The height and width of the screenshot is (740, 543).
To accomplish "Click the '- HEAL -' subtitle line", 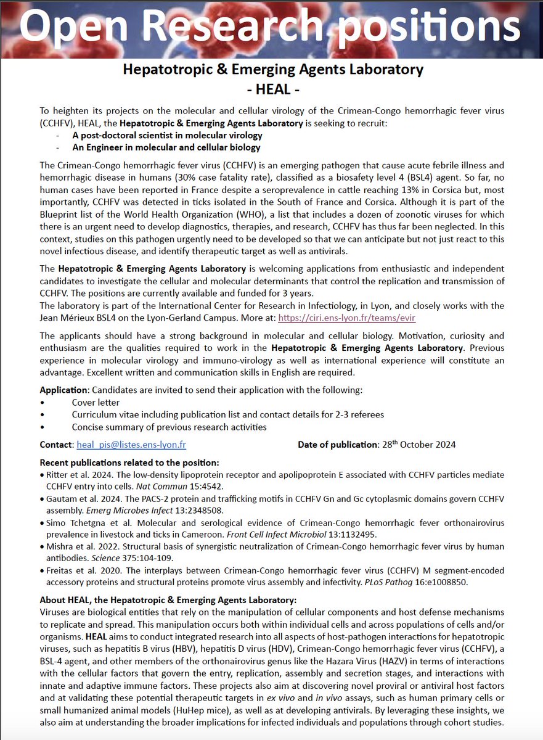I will point(272,89).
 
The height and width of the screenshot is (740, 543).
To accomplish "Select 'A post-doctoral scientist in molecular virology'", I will point(167,135).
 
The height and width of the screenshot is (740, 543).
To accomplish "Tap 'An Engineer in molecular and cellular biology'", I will point(166,147).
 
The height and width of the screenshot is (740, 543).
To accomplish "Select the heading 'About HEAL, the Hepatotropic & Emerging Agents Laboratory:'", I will point(168,599).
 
